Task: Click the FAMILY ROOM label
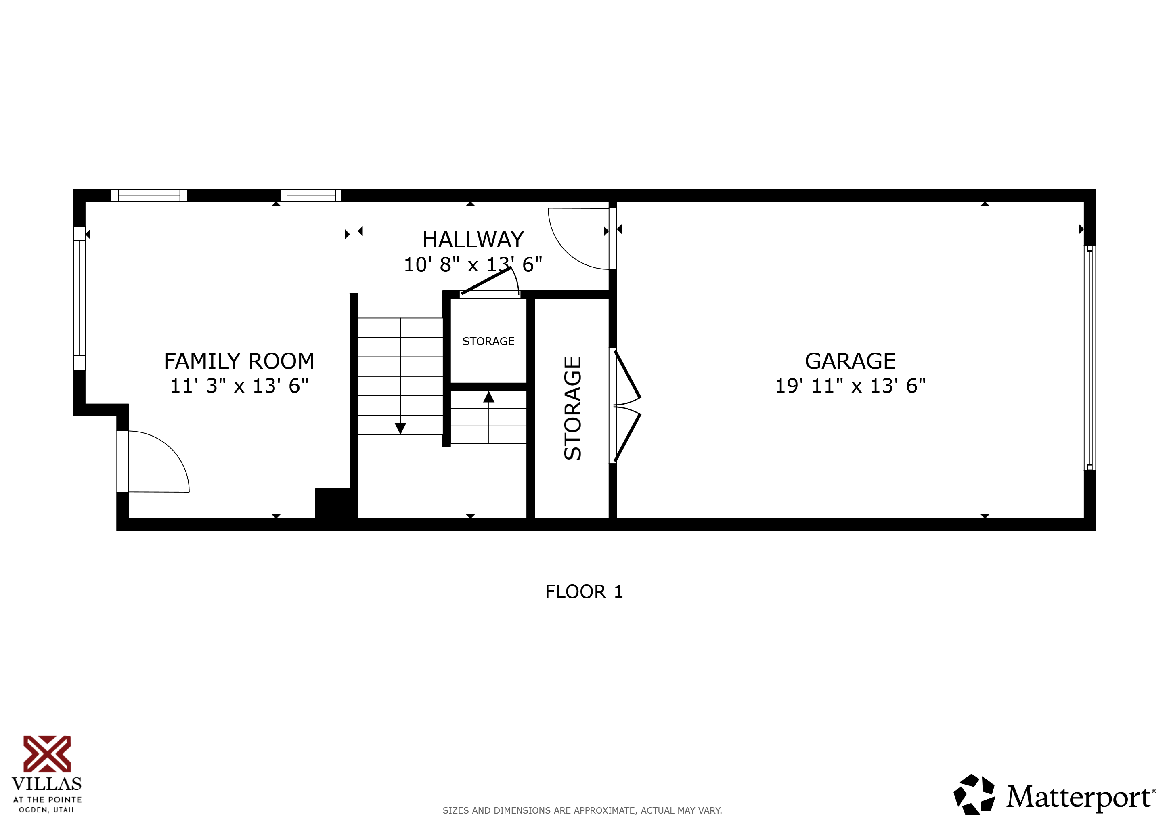pyautogui.click(x=239, y=361)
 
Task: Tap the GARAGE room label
pyautogui.click(x=850, y=361)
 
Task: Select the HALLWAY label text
pyautogui.click(x=473, y=239)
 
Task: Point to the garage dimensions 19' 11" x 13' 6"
pyautogui.click(x=850, y=386)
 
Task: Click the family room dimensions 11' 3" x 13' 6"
pyautogui.click(x=239, y=386)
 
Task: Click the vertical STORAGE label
pyautogui.click(x=572, y=408)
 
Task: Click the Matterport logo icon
pyautogui.click(x=974, y=795)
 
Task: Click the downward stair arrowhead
pyautogui.click(x=400, y=428)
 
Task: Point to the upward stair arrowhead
pyautogui.click(x=488, y=397)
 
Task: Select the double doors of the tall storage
pyautogui.click(x=626, y=406)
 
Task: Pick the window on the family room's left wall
pyautogui.click(x=79, y=298)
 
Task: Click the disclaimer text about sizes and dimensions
pyautogui.click(x=582, y=810)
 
